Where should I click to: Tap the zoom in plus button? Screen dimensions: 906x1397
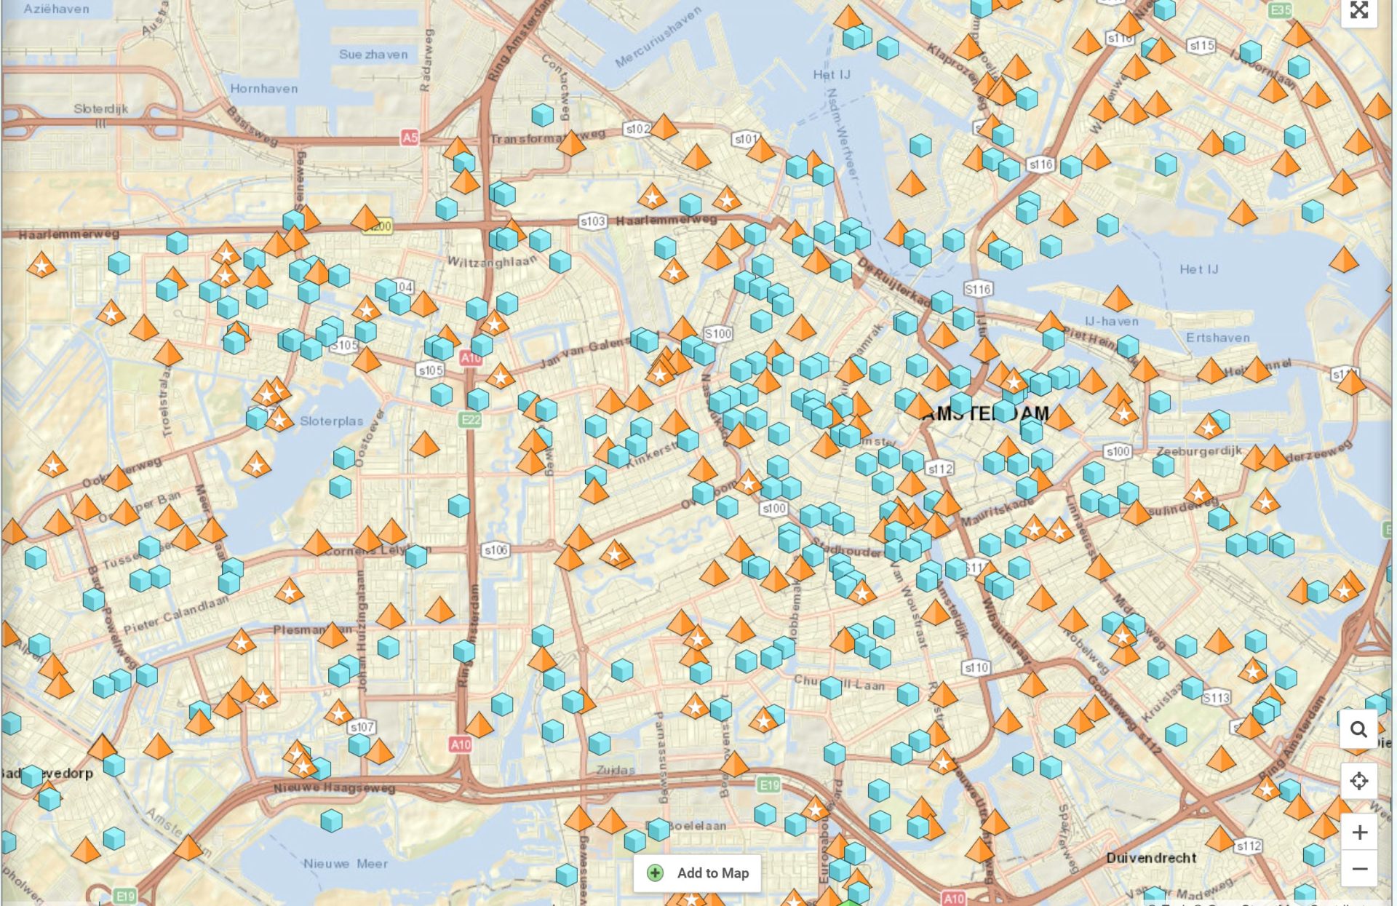(1358, 832)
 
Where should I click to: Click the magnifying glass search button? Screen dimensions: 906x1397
(1358, 729)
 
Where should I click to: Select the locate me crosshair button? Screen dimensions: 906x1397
(1358, 781)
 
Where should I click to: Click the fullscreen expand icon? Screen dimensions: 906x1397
(1358, 10)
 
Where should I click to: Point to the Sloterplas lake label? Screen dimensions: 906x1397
(331, 421)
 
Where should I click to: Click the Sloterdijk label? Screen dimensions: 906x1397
(100, 108)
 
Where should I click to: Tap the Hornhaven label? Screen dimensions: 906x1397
(263, 89)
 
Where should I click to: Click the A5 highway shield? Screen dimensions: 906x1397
(410, 137)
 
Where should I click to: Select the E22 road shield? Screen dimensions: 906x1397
(471, 419)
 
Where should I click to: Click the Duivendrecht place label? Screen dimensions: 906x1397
(1151, 858)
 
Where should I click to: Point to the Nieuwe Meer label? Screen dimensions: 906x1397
(345, 864)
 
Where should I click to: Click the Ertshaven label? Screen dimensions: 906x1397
(1217, 338)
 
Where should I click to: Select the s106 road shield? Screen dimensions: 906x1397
(495, 550)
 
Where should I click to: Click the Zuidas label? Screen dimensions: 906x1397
(616, 769)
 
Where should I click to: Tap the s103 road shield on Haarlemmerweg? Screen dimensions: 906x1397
(592, 221)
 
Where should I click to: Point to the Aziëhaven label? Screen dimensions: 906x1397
(56, 9)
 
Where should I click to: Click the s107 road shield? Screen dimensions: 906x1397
(362, 726)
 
